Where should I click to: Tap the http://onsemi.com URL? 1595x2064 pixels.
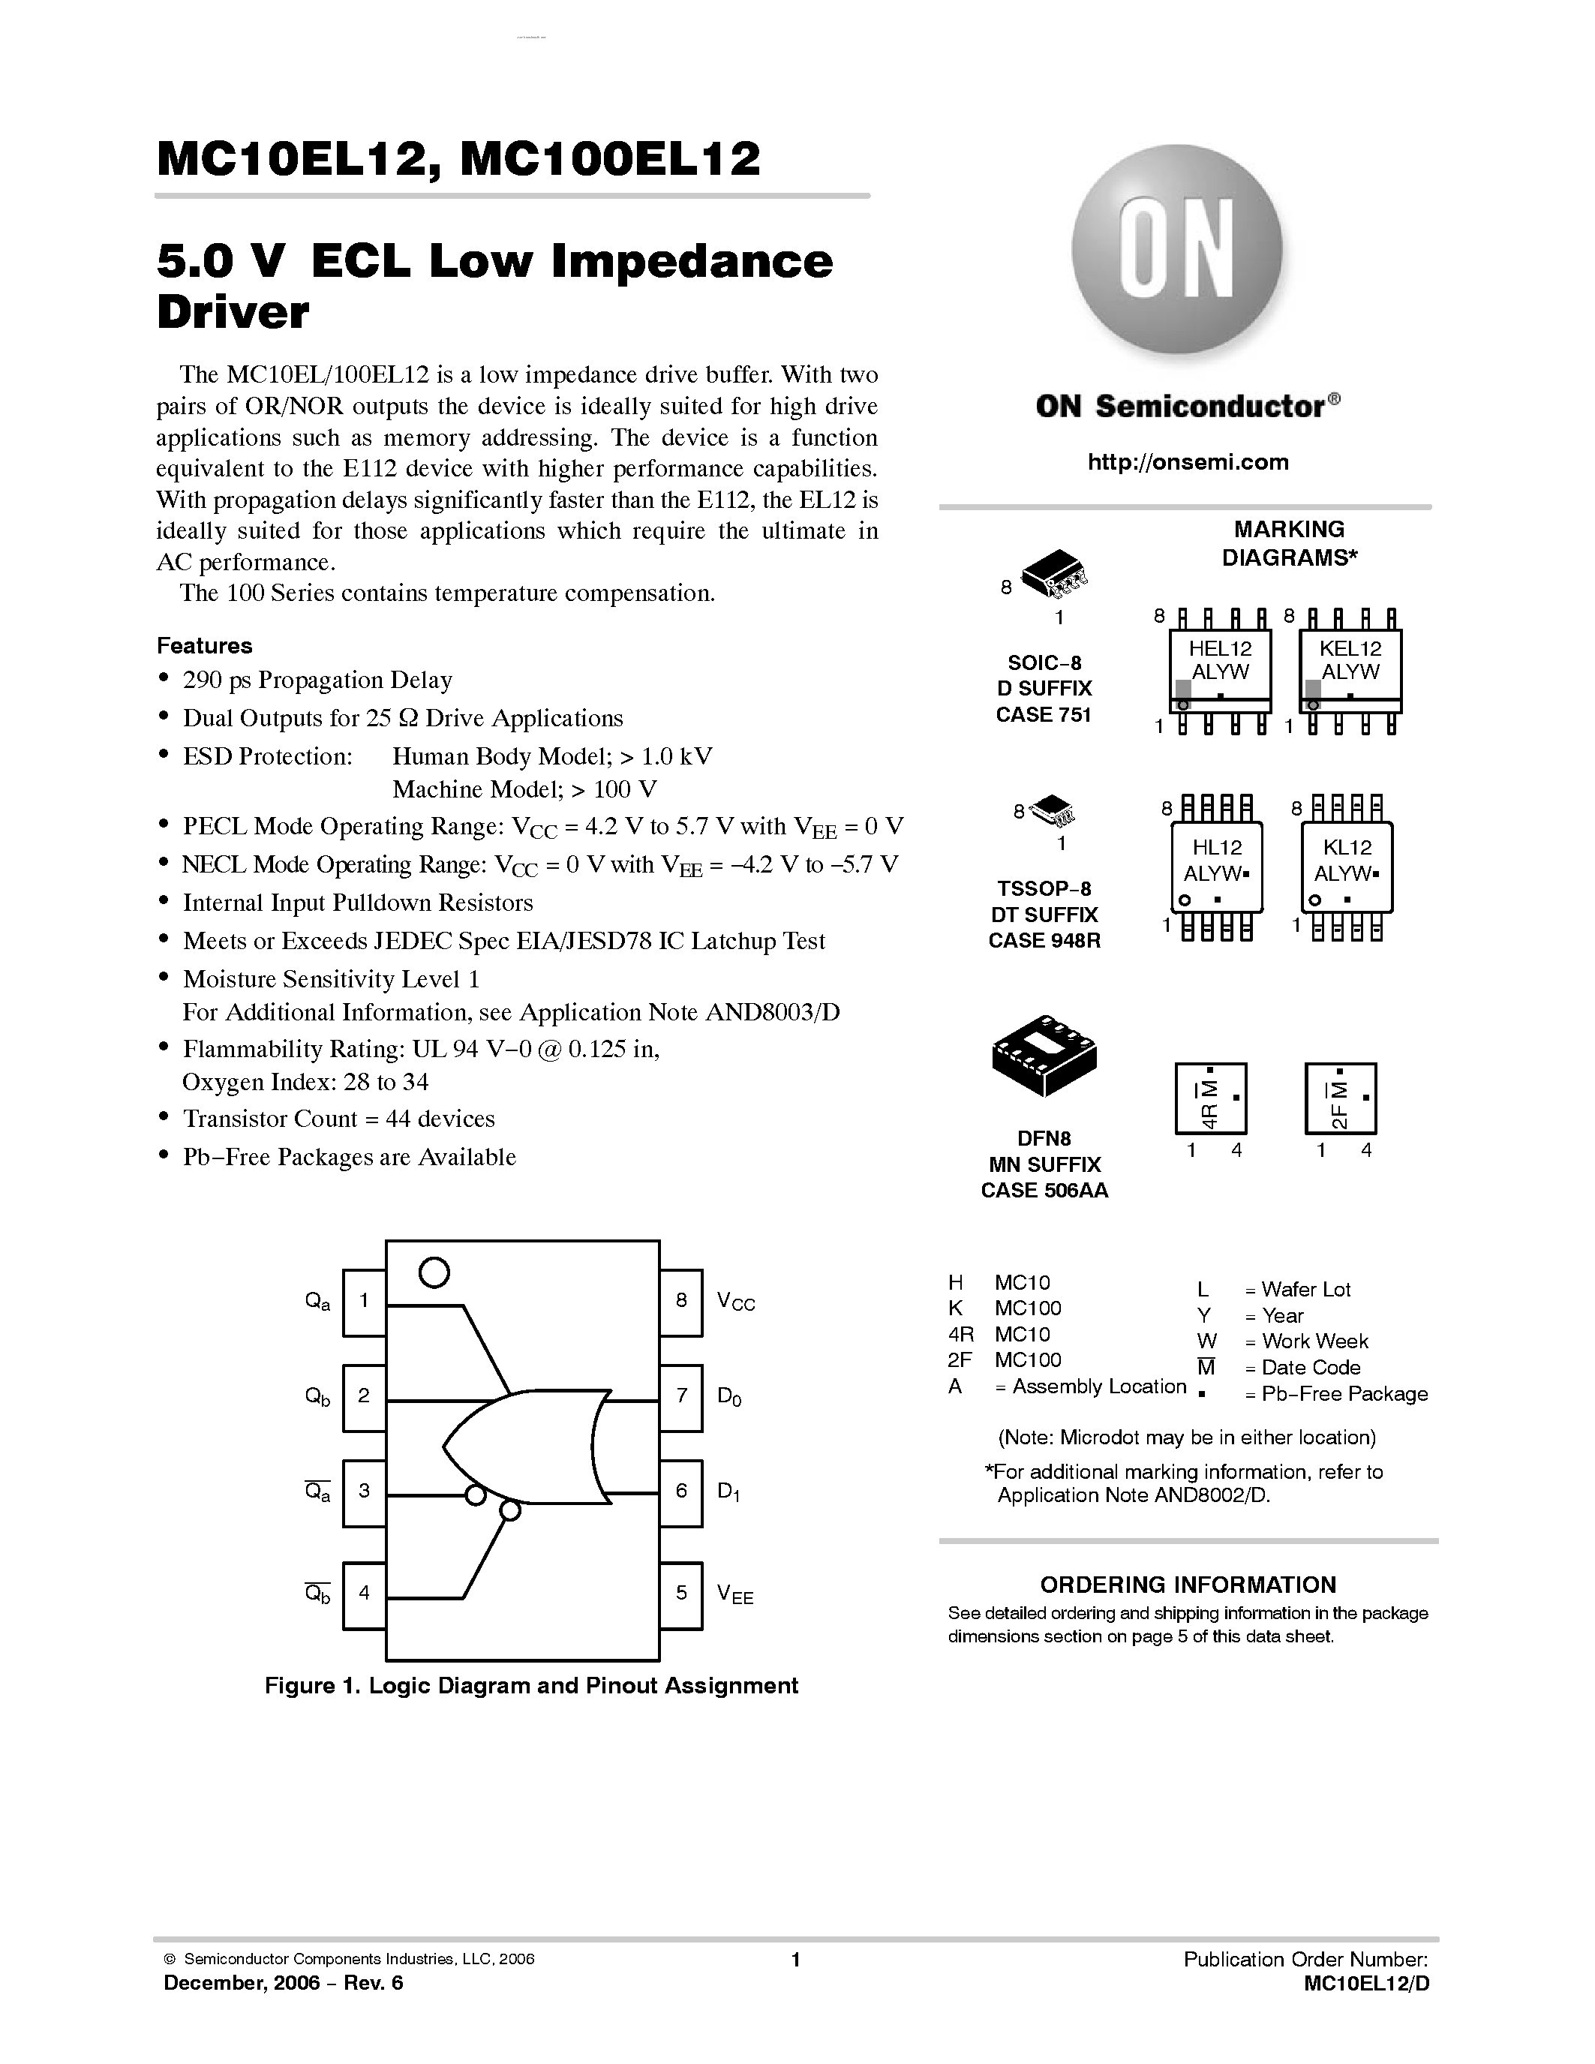(x=1188, y=462)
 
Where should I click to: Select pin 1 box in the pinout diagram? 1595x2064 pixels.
(x=364, y=1301)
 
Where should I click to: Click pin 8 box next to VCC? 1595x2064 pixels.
(x=680, y=1301)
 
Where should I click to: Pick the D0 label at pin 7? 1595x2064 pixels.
(x=729, y=1396)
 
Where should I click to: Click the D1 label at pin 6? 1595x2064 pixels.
(x=729, y=1492)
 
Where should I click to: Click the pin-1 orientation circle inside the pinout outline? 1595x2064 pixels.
(x=434, y=1273)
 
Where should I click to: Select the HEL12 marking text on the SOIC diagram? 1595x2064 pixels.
(x=1220, y=648)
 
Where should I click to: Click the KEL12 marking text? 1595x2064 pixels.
(x=1350, y=648)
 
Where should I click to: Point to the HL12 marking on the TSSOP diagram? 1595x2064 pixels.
(x=1217, y=848)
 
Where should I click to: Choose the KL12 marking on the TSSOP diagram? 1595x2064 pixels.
(x=1347, y=848)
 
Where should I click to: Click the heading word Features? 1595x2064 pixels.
(x=204, y=645)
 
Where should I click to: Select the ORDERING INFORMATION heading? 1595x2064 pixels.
(x=1188, y=1585)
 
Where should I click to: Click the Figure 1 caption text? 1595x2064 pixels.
(x=531, y=1686)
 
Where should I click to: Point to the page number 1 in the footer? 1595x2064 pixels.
(x=795, y=1960)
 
